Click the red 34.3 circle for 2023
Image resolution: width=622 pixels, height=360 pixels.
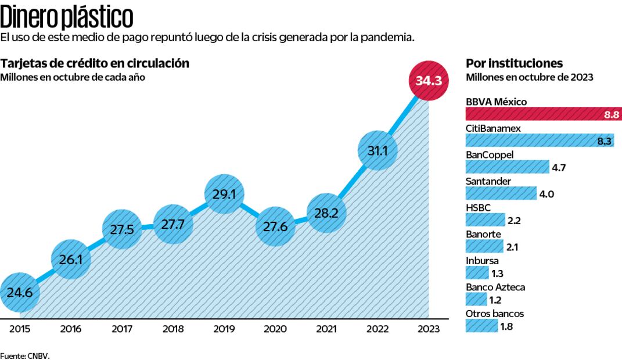pos(429,81)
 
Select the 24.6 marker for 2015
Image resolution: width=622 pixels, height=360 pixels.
pos(20,292)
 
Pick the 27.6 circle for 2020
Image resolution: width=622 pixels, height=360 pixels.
pos(275,226)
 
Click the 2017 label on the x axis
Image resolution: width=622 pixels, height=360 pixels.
pos(121,329)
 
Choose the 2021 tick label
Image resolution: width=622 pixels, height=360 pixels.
pos(326,329)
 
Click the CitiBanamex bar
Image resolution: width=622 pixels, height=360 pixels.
pos(539,140)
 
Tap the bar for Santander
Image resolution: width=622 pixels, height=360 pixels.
pos(501,193)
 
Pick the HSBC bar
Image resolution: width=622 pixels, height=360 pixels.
pos(485,219)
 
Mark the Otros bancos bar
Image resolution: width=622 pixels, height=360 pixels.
pos(481,326)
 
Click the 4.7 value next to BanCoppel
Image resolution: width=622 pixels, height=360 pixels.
pos(559,168)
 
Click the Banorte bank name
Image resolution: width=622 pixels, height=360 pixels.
pos(482,234)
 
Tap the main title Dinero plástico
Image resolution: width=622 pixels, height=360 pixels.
pos(67,17)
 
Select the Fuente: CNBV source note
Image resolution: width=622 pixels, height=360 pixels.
pos(25,355)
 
